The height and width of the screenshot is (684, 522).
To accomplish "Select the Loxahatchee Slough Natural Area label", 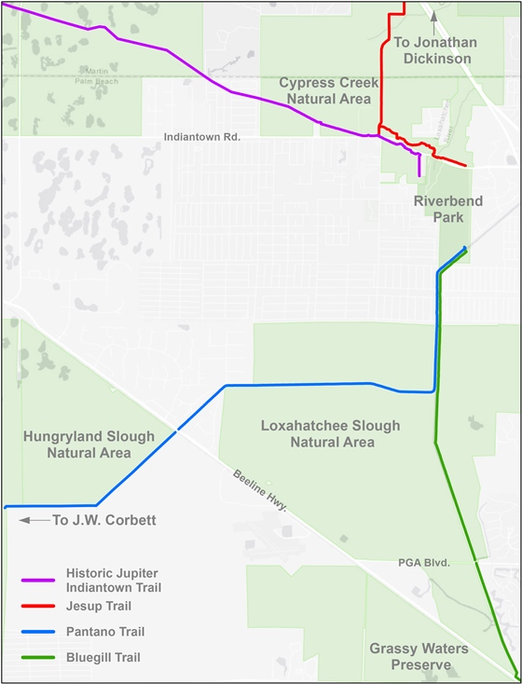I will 330,433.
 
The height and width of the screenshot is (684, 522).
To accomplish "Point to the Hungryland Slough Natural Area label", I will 89,445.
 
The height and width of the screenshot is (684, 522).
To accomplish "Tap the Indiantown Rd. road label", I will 202,137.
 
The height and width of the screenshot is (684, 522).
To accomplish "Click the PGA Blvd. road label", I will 424,563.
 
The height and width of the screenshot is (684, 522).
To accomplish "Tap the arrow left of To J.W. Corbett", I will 34,520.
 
